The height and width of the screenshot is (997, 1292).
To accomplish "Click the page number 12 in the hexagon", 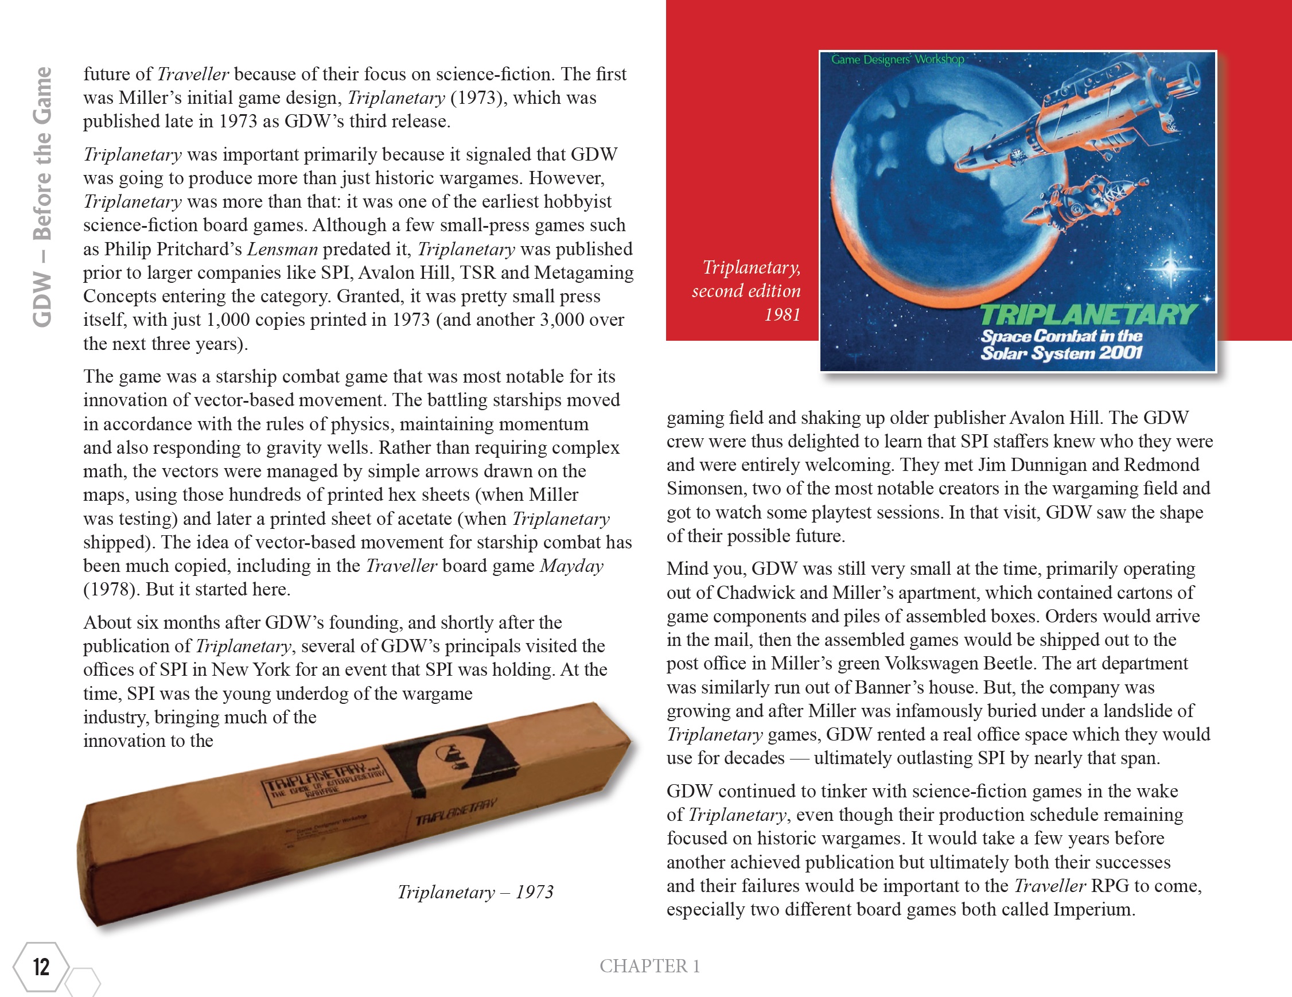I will point(41,967).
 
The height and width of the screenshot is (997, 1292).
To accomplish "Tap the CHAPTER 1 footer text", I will point(649,965).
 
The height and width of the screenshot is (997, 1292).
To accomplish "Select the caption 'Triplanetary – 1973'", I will point(475,892).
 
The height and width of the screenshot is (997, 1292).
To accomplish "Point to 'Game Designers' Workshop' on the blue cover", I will point(897,60).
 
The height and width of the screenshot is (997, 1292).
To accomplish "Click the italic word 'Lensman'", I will point(282,249).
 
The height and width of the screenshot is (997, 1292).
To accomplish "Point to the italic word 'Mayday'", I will point(571,566).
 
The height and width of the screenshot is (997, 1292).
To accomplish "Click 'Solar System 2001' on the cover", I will point(1061,353).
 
